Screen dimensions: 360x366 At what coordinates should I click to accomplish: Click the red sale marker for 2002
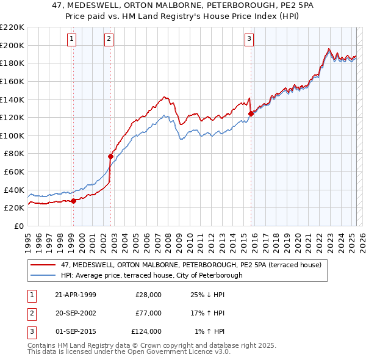(x=111, y=156)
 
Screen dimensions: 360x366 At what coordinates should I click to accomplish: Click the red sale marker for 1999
(x=74, y=200)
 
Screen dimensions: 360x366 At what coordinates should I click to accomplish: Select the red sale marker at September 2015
(x=251, y=113)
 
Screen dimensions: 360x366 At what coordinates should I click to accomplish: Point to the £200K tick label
(x=12, y=45)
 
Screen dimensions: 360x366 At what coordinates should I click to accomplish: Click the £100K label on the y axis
(x=12, y=135)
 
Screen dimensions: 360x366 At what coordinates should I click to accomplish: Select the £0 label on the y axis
(x=19, y=226)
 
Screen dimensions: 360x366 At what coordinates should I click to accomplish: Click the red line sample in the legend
(x=44, y=265)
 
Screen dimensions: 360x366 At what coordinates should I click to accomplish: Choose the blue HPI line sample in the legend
(x=44, y=275)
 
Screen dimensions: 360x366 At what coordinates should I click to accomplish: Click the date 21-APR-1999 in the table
(x=76, y=295)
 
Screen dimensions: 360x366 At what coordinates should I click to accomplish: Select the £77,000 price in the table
(x=149, y=313)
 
